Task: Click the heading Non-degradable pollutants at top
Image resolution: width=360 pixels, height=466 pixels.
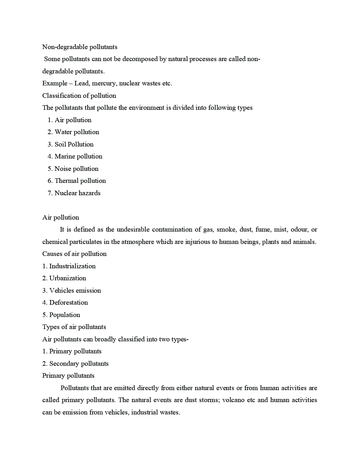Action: pyautogui.click(x=80, y=47)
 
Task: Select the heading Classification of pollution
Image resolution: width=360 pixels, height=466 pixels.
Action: pyautogui.click(x=79, y=96)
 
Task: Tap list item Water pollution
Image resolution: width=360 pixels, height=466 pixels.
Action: pyautogui.click(x=77, y=132)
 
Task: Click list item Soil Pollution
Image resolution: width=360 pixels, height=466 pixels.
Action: pyautogui.click(x=74, y=144)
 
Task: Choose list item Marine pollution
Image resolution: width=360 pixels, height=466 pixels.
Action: pyautogui.click(x=78, y=156)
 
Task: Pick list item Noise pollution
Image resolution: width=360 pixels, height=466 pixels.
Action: pyautogui.click(x=76, y=169)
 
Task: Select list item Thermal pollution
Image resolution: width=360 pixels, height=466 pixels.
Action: pyautogui.click(x=80, y=181)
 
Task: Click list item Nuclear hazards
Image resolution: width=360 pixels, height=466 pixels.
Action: pyautogui.click(x=77, y=193)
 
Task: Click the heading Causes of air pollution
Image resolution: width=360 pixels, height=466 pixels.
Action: pyautogui.click(x=74, y=254)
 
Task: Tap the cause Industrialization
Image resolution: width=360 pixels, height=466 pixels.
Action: pyautogui.click(x=72, y=266)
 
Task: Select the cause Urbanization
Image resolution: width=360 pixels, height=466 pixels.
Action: pyautogui.click(x=67, y=278)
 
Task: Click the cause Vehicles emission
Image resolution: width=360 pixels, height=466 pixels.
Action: pyautogui.click(x=75, y=291)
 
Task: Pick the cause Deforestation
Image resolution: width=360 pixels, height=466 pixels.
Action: pyautogui.click(x=68, y=303)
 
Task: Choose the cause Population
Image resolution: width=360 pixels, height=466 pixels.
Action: pyautogui.click(x=65, y=315)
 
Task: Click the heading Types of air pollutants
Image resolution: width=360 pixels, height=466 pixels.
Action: pyautogui.click(x=74, y=327)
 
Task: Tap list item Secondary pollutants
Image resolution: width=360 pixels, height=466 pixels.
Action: pyautogui.click(x=79, y=364)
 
